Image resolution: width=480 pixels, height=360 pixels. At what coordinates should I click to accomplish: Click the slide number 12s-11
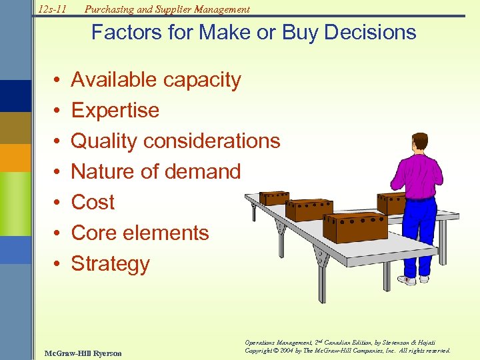click(51, 9)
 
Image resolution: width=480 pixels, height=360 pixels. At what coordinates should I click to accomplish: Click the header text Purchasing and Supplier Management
click(167, 9)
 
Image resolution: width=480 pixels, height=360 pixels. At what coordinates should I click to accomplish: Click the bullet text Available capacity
click(155, 80)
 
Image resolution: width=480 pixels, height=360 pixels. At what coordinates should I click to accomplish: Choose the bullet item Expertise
click(115, 111)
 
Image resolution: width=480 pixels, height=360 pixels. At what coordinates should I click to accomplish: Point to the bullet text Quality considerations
click(175, 141)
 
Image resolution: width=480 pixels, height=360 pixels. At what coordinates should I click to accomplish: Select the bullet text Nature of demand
click(155, 172)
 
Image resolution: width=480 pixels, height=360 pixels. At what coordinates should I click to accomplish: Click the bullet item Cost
click(93, 203)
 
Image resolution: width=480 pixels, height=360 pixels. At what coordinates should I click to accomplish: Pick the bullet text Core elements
click(140, 233)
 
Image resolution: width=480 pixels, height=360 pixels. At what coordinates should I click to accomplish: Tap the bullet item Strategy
click(110, 264)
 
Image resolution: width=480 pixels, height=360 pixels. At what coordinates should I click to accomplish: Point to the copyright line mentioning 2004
click(347, 351)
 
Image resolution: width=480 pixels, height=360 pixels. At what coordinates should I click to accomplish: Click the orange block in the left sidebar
click(15, 159)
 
